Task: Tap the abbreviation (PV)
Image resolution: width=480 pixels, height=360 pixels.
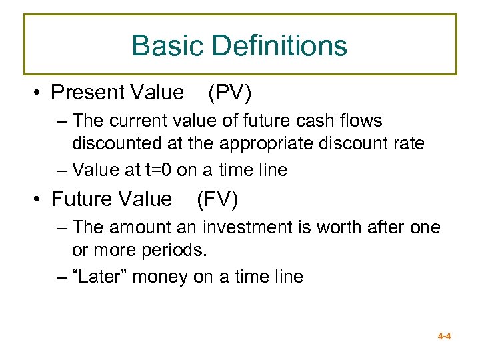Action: [229, 92]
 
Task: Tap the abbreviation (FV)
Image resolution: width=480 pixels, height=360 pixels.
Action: [217, 199]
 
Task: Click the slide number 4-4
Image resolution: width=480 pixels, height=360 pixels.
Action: [445, 337]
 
